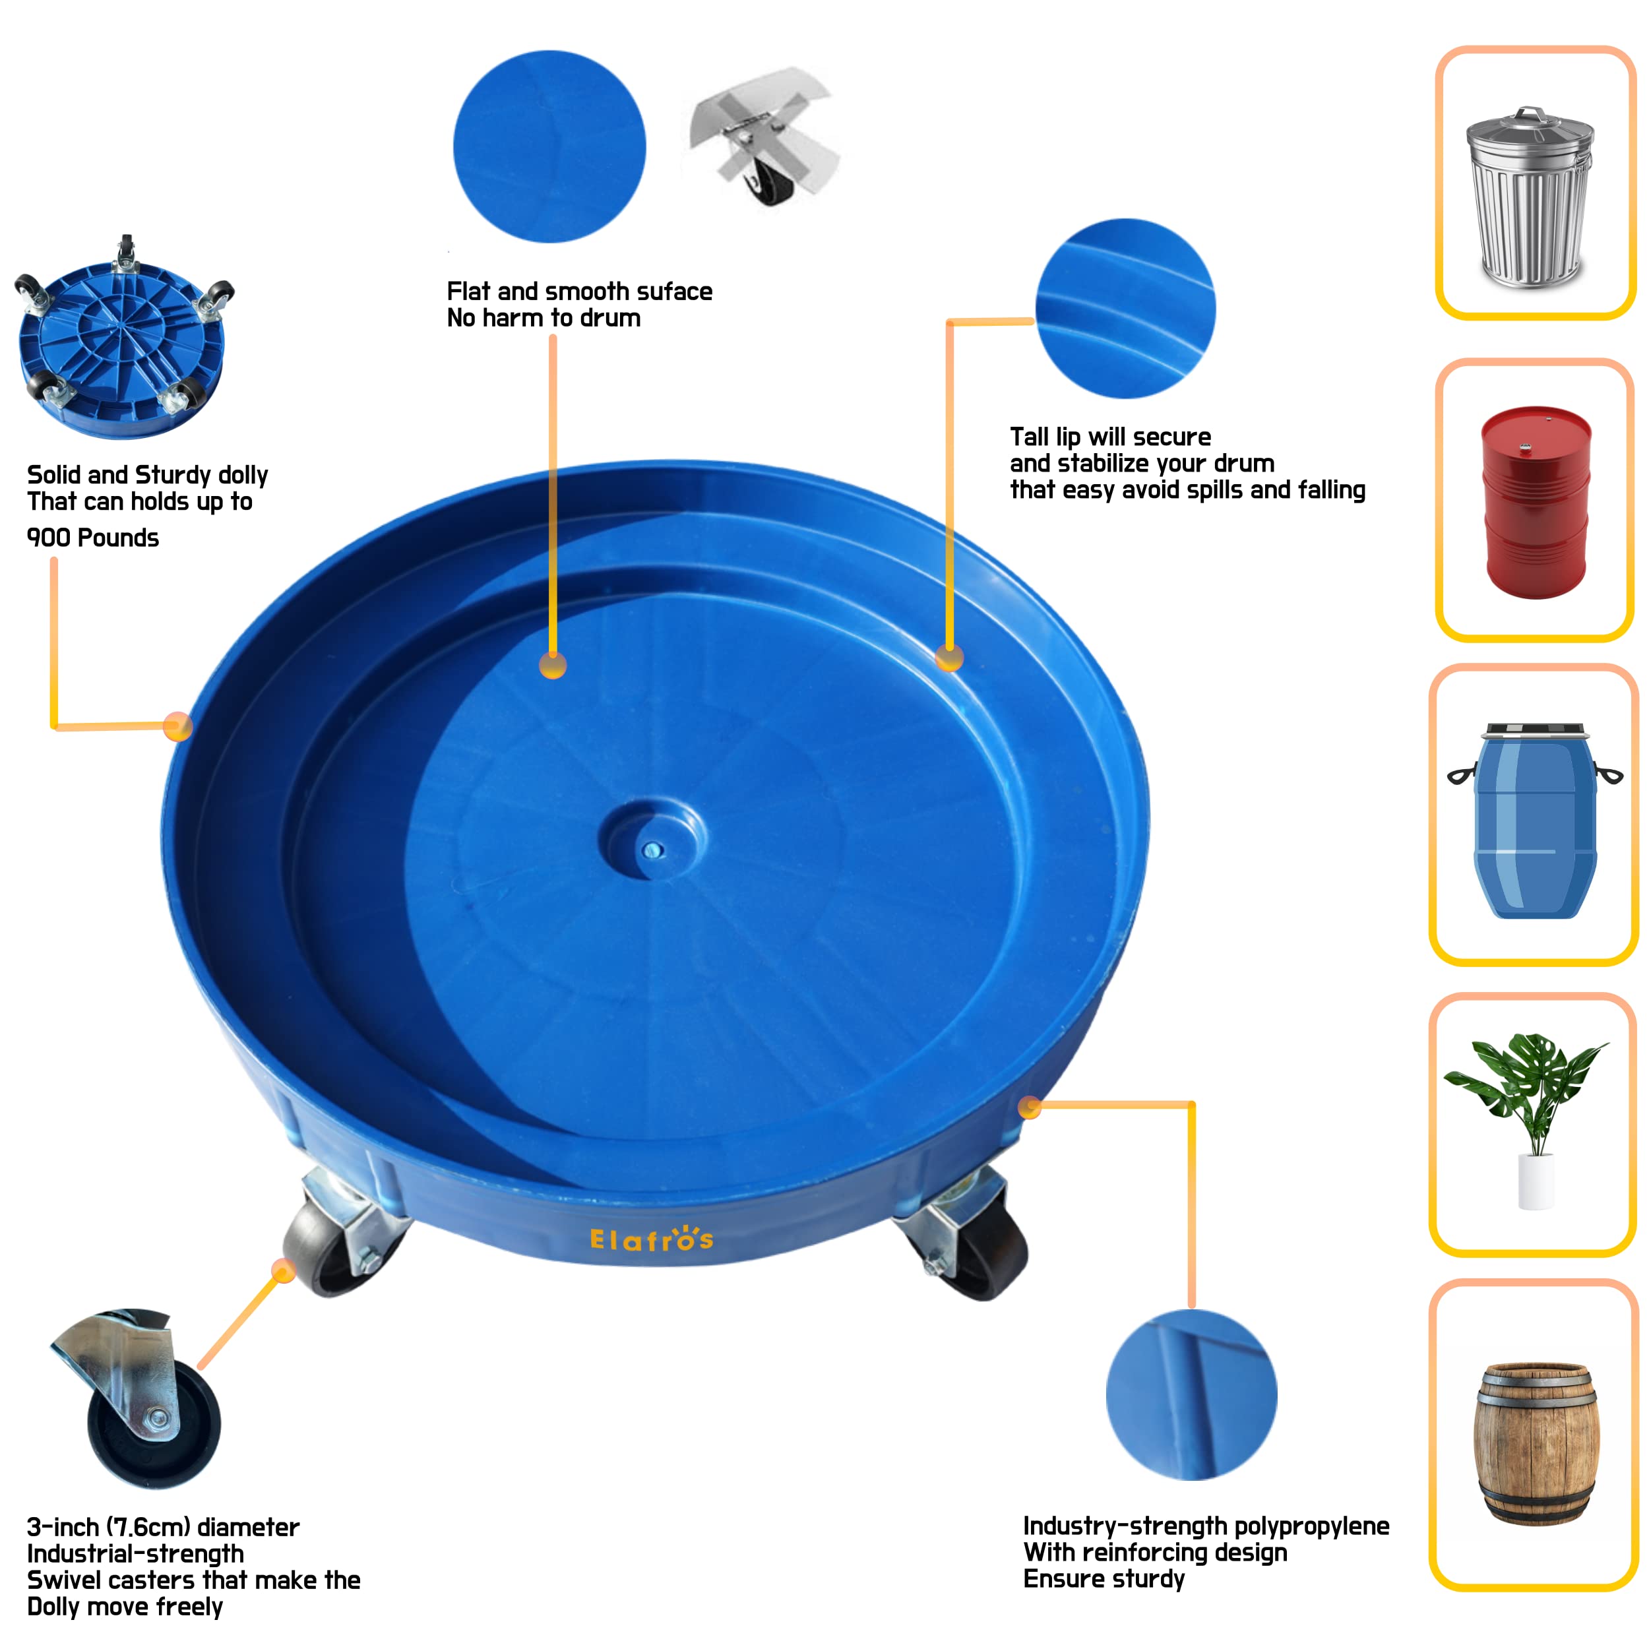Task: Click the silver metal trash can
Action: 1530,198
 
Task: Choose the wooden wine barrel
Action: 1536,1443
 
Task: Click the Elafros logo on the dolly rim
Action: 651,1239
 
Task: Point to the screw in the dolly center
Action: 653,850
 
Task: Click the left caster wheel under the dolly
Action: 325,1246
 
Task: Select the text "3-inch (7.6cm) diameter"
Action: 163,1527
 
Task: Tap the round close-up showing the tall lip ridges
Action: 1125,308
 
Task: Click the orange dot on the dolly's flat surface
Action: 553,666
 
